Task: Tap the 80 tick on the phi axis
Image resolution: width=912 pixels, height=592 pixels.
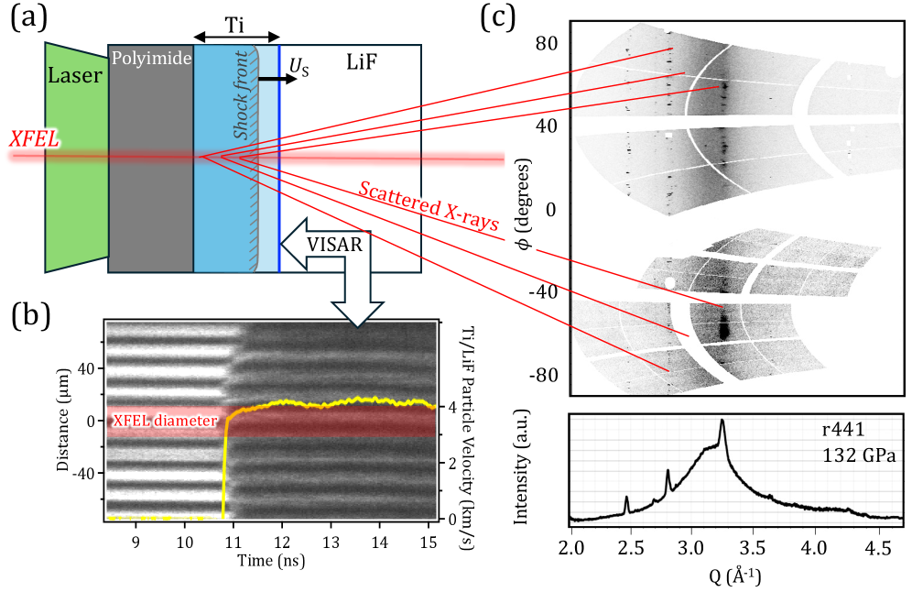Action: [548, 42]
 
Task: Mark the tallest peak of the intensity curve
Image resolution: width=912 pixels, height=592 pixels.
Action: [722, 421]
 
